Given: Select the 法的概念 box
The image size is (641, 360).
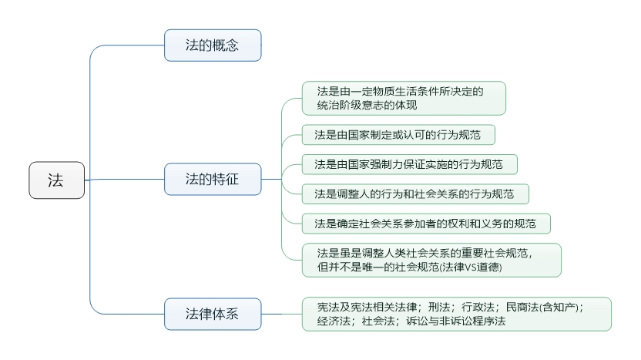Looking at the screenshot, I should [212, 45].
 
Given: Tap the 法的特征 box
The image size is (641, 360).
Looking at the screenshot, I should [212, 179].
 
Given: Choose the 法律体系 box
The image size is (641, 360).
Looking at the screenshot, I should [212, 314].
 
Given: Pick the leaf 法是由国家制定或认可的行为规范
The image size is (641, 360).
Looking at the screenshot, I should [397, 135].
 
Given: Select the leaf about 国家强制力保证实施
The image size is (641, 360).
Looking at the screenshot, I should [408, 164].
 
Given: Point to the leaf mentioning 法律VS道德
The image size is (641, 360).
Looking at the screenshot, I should [431, 260].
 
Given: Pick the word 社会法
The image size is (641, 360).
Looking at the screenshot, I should [376, 321].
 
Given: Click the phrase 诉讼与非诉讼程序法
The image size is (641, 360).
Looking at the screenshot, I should [456, 321].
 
